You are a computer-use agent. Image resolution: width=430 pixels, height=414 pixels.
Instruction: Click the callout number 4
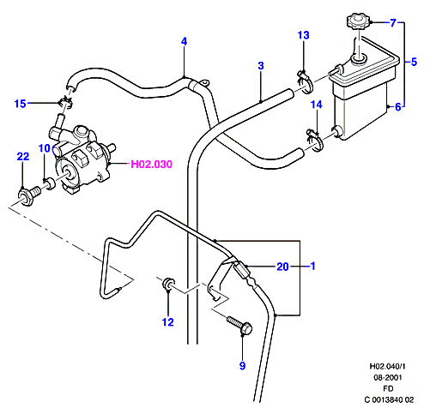click(x=184, y=42)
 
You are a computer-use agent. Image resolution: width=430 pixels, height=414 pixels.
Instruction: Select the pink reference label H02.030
click(x=151, y=165)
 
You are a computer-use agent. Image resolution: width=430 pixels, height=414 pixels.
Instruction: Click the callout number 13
click(x=303, y=35)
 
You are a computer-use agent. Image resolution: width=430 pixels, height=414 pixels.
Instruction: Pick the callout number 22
click(x=23, y=156)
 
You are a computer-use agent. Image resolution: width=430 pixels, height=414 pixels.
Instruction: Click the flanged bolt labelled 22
click(x=29, y=195)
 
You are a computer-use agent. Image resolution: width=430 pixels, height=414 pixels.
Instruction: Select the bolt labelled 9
click(x=240, y=326)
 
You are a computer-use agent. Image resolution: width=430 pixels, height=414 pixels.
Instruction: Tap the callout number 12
click(x=167, y=322)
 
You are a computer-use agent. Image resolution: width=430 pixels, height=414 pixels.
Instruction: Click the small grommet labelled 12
click(x=167, y=284)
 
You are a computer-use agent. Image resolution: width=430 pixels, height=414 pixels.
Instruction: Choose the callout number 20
click(x=282, y=267)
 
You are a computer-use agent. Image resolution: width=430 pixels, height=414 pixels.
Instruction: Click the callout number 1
click(x=313, y=266)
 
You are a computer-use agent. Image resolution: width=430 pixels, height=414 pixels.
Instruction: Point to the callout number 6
click(x=397, y=107)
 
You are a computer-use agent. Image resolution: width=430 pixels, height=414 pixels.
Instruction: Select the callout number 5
click(x=414, y=62)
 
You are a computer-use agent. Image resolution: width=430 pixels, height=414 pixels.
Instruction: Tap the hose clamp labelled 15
click(x=66, y=102)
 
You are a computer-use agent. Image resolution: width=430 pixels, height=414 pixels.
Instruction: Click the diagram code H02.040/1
click(x=388, y=366)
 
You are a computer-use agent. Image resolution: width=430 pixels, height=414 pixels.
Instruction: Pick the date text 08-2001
click(x=388, y=377)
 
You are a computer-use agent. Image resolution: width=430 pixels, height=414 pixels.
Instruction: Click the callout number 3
click(x=261, y=66)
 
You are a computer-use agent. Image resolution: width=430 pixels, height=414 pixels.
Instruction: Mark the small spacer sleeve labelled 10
click(x=51, y=183)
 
